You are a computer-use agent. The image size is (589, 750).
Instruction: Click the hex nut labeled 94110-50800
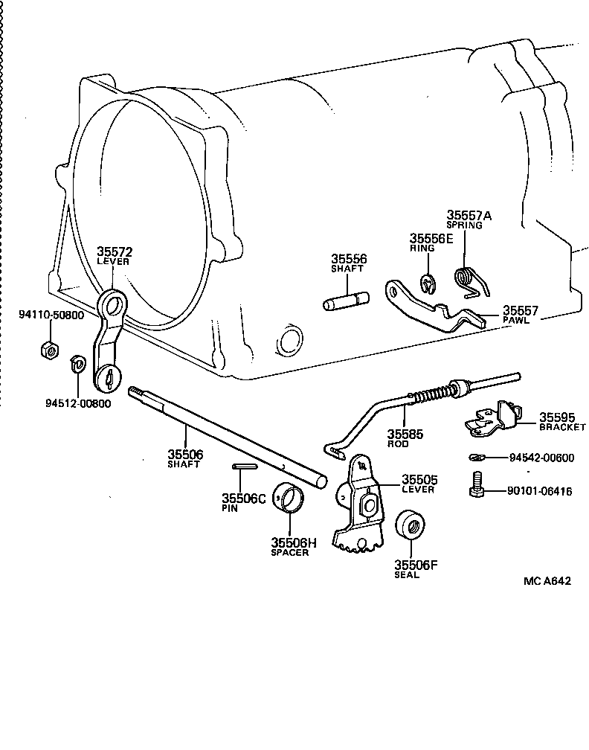(46, 349)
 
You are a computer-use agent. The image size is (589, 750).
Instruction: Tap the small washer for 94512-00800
(75, 362)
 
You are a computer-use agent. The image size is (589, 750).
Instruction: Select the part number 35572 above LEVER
(114, 252)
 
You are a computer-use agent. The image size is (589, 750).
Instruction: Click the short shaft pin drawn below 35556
(346, 302)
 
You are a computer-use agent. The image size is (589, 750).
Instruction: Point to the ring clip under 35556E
(428, 284)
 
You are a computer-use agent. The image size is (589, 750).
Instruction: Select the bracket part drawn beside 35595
(492, 418)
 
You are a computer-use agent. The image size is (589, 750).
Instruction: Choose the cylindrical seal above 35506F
(410, 528)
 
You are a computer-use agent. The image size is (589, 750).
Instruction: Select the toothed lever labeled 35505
(360, 507)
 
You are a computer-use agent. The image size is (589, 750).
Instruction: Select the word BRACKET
(562, 428)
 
